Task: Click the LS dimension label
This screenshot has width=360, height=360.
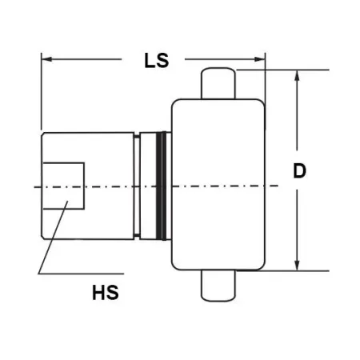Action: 157,61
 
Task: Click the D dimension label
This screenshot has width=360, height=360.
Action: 299,170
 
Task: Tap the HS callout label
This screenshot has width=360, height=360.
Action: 106,293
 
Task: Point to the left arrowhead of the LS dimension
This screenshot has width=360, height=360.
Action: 47,59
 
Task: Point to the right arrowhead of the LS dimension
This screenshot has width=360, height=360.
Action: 259,59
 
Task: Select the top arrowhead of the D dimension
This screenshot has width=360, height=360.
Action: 297,75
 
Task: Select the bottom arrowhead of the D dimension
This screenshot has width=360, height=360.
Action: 297,265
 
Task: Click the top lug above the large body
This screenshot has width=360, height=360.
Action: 218,83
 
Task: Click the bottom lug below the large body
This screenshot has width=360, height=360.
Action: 218,286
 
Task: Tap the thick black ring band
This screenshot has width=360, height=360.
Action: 162,186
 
